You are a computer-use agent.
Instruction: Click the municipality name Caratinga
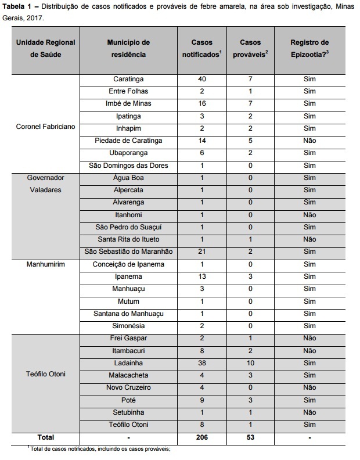128,79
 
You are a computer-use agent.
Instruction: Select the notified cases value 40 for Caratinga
201,79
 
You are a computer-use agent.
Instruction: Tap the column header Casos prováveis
251,48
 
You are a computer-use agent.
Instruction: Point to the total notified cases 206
201,437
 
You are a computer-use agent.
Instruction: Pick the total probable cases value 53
250,437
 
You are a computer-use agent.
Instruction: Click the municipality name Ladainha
128,362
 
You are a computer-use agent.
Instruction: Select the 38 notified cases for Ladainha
201,362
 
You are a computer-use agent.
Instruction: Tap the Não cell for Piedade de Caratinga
309,141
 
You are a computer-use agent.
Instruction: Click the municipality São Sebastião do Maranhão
128,251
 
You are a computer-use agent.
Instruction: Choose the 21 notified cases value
201,251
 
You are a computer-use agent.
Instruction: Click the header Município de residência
128,48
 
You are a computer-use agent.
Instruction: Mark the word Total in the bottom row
46,437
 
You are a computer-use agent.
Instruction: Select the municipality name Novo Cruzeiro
128,387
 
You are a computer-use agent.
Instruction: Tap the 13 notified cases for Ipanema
201,276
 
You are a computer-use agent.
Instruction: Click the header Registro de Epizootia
309,48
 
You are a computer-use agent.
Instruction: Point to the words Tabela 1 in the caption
19,6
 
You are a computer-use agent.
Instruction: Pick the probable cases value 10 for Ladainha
250,362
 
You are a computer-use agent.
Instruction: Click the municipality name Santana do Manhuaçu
128,314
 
